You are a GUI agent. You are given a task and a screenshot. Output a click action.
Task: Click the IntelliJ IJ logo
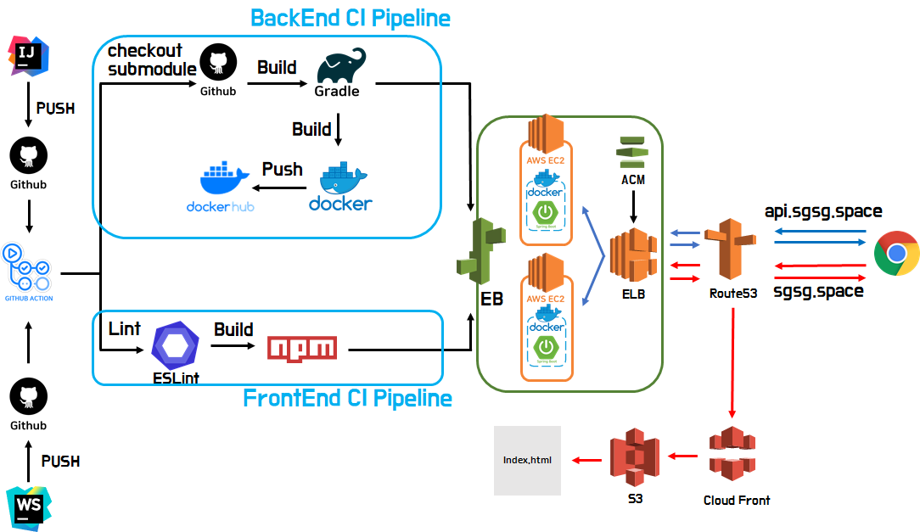pyautogui.click(x=29, y=56)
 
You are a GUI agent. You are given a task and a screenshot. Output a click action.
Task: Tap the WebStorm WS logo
pyautogui.click(x=29, y=508)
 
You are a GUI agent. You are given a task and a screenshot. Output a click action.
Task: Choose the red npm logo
pyautogui.click(x=301, y=348)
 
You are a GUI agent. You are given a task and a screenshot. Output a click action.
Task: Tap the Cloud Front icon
pyautogui.click(x=732, y=455)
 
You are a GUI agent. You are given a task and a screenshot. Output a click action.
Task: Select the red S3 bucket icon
pyautogui.click(x=634, y=458)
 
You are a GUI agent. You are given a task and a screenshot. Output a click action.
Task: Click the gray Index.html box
pyautogui.click(x=527, y=460)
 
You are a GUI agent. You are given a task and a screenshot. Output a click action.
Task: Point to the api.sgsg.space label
pyautogui.click(x=823, y=211)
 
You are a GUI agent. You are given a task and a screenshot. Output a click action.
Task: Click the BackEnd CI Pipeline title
pyautogui.click(x=351, y=18)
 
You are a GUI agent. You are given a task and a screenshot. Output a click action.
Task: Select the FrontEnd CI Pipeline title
pyautogui.click(x=347, y=398)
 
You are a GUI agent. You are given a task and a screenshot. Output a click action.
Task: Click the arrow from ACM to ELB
pyautogui.click(x=631, y=205)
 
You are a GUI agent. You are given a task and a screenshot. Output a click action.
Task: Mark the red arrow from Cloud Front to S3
pyautogui.click(x=682, y=457)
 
